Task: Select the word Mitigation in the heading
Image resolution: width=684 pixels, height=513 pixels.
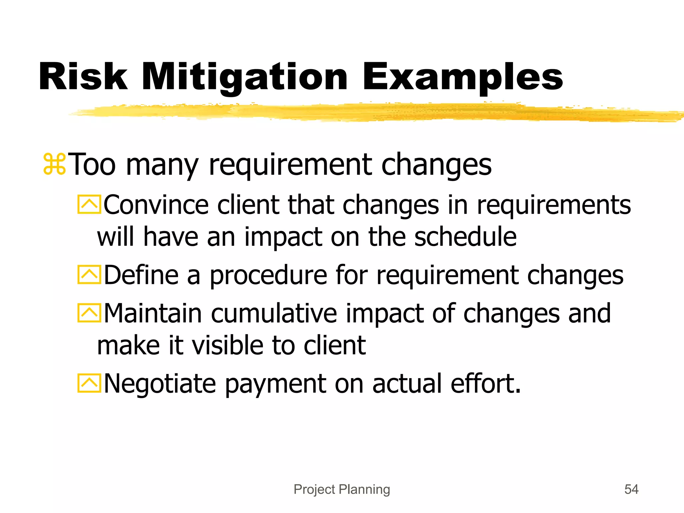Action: click(245, 77)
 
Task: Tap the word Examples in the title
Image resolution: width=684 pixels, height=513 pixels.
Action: click(463, 77)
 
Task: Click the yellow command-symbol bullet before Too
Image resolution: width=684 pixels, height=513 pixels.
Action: click(54, 164)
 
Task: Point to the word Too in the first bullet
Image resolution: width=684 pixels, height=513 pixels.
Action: click(94, 164)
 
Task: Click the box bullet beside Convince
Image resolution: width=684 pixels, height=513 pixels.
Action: click(89, 204)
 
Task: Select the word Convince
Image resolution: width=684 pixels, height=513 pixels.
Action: click(156, 205)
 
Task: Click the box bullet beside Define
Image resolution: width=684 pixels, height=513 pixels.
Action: click(89, 275)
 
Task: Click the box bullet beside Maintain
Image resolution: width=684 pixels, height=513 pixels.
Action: click(89, 313)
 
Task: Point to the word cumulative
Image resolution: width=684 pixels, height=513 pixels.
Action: click(274, 313)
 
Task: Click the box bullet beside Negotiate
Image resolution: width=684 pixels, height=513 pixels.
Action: click(89, 383)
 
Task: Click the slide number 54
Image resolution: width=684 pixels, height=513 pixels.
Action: click(631, 489)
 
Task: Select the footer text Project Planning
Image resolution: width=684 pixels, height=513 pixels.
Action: click(342, 489)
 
